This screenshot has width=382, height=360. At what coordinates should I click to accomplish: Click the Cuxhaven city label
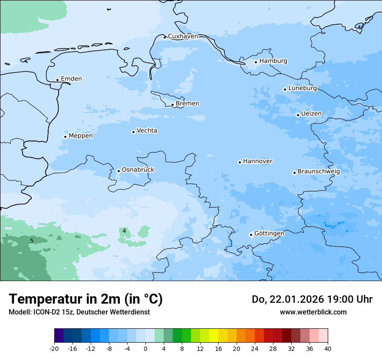(183, 36)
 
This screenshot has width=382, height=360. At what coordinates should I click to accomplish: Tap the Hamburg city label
(273, 61)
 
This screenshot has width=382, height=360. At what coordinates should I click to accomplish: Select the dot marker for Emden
(57, 80)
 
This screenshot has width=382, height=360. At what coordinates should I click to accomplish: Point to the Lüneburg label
(302, 88)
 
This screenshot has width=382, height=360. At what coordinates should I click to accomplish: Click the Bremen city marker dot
(172, 105)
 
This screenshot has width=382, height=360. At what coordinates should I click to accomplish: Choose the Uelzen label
(311, 114)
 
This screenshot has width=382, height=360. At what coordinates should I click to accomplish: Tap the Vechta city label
(147, 131)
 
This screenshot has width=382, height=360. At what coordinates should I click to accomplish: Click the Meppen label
(80, 136)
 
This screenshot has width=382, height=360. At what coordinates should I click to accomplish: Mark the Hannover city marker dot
(240, 163)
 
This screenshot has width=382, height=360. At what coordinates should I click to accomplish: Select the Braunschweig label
(319, 171)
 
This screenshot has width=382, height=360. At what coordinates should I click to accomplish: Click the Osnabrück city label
(138, 170)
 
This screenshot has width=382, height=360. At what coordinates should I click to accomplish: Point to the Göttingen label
(269, 233)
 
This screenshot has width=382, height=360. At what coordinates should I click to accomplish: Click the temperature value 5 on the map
(32, 241)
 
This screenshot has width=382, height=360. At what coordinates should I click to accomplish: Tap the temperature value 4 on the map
(124, 231)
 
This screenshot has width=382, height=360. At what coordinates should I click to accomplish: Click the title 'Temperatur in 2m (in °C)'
(86, 299)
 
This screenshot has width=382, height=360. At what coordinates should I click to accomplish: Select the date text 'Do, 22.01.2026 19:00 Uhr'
(312, 299)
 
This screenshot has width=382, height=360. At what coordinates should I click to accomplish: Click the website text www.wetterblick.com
(313, 312)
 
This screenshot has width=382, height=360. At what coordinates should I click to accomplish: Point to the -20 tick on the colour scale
(54, 348)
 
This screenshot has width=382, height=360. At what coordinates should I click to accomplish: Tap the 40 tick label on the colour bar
(328, 348)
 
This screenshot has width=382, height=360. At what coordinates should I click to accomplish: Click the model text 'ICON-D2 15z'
(52, 312)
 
